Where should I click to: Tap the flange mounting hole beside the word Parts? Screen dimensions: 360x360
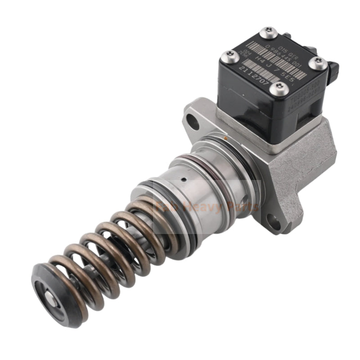(273, 220)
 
